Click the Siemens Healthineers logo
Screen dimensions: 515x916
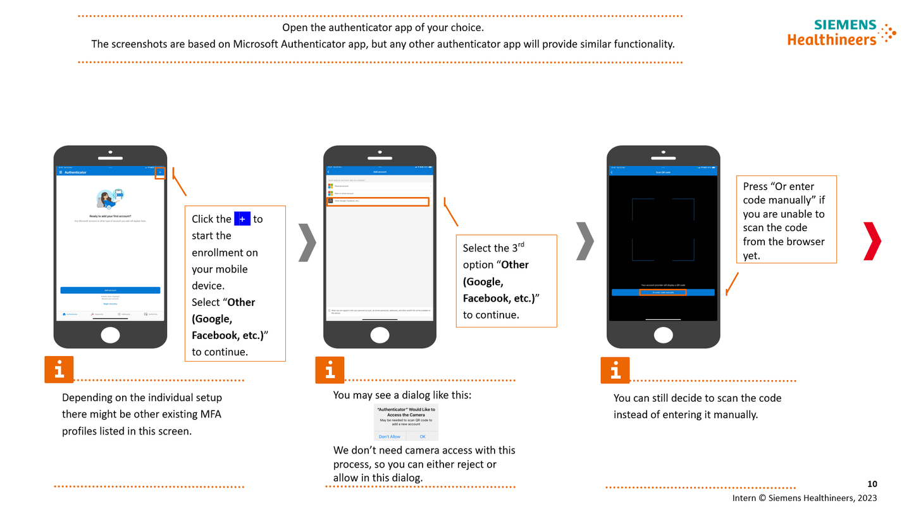click(841, 32)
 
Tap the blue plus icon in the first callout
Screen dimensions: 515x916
click(242, 219)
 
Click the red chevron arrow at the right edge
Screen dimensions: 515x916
click(872, 241)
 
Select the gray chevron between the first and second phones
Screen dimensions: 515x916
click(307, 242)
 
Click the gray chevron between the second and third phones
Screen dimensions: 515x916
click(585, 241)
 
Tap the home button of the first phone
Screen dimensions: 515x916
click(110, 335)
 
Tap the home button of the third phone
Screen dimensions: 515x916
click(663, 335)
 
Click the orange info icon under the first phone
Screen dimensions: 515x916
click(59, 370)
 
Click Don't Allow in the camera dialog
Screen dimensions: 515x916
click(390, 436)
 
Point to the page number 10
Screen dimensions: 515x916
click(872, 484)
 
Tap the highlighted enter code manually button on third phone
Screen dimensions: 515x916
click(662, 292)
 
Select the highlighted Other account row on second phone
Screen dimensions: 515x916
click(378, 201)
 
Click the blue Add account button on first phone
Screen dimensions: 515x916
click(110, 290)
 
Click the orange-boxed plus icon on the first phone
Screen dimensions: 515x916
click(160, 172)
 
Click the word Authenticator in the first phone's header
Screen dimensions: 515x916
click(75, 172)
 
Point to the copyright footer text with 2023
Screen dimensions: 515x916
click(804, 498)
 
